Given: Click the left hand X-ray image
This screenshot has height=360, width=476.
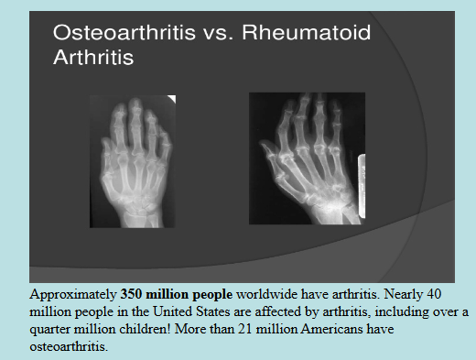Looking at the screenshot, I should tap(133, 161).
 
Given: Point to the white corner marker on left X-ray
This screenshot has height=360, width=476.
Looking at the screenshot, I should tap(170, 99).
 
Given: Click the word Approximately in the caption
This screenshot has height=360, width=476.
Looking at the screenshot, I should tap(73, 296).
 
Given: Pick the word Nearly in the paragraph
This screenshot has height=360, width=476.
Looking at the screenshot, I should tap(420, 296).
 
